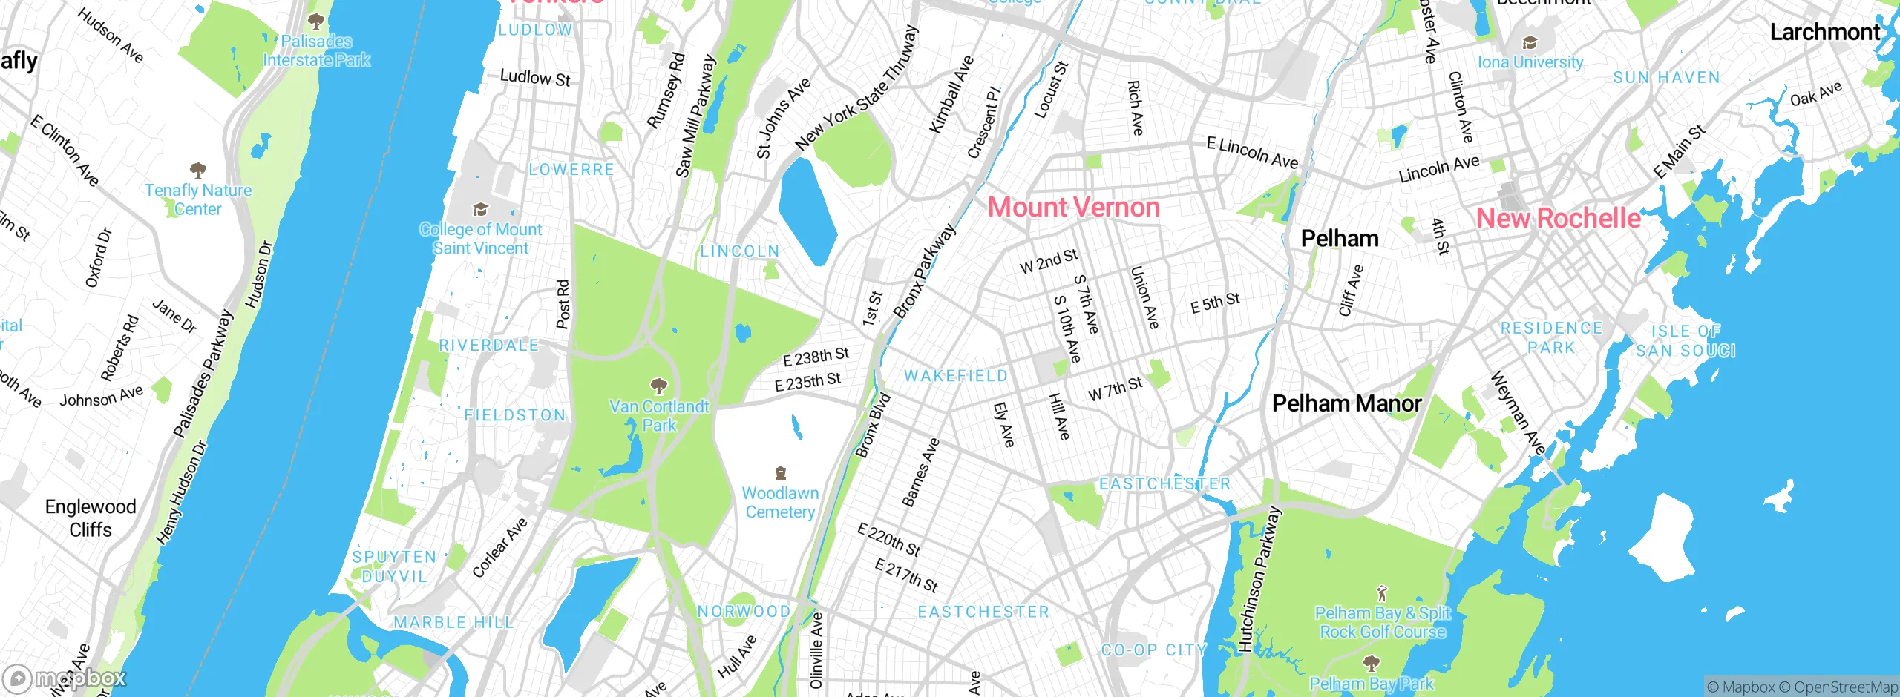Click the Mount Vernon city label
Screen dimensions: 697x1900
click(1073, 208)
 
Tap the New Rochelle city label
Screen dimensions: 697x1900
click(1558, 219)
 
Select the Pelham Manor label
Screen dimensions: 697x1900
click(1346, 403)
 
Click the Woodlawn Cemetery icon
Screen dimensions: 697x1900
click(780, 473)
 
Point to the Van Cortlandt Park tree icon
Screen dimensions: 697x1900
click(658, 386)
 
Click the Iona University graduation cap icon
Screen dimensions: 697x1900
click(1529, 43)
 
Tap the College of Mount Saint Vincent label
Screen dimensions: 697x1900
click(481, 239)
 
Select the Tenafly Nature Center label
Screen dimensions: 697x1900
click(198, 199)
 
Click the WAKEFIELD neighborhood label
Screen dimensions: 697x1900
click(956, 376)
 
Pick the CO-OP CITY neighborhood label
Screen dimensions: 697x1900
click(1153, 650)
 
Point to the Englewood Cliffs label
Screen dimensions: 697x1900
click(91, 518)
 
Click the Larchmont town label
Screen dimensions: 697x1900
click(1824, 33)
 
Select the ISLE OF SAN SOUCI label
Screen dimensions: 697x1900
click(1686, 341)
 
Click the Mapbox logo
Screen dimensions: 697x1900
click(65, 678)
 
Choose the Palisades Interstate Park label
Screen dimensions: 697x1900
click(317, 50)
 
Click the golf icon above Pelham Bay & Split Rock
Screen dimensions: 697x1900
click(1381, 593)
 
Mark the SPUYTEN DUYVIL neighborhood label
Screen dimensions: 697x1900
click(394, 566)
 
